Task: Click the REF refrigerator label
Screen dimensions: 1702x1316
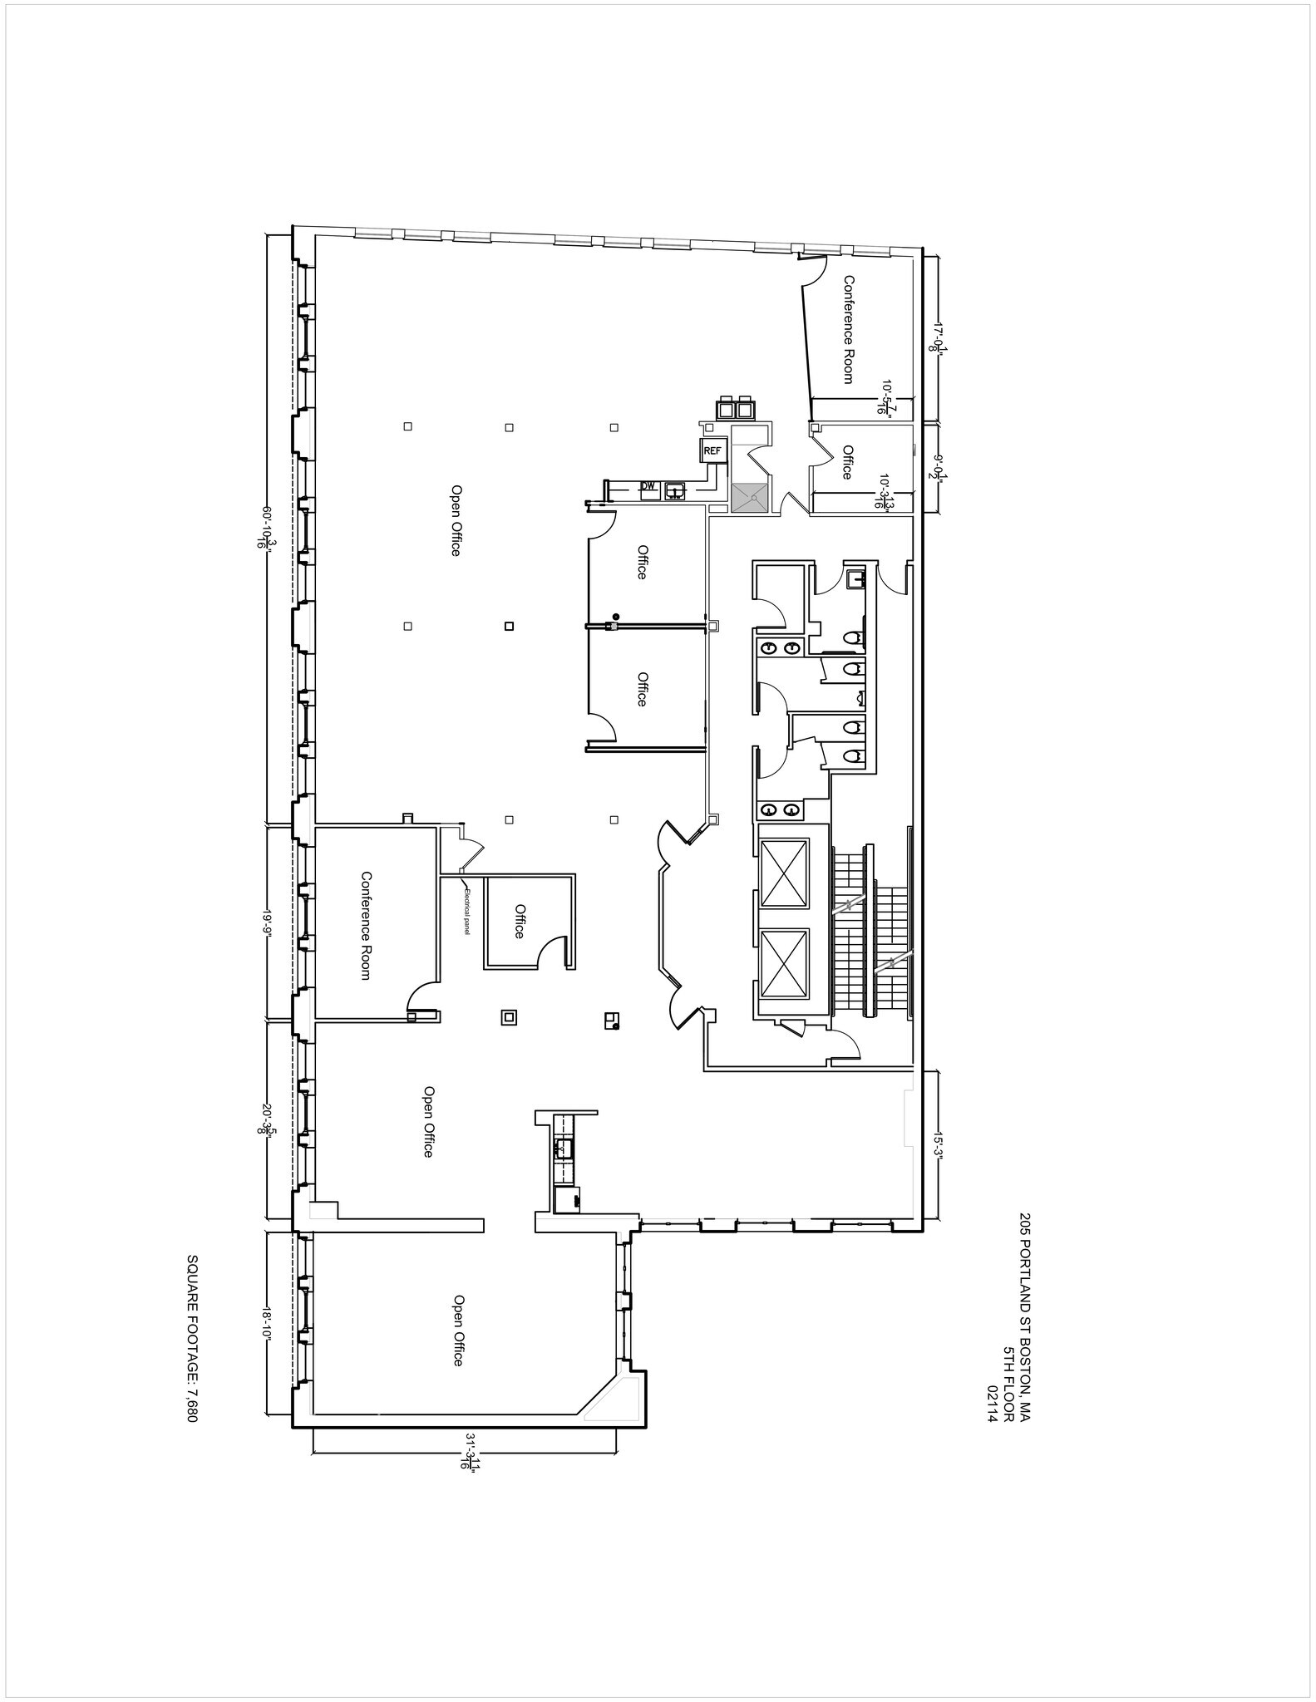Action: pyautogui.click(x=712, y=450)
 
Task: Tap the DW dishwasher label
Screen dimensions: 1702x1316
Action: pyautogui.click(x=648, y=486)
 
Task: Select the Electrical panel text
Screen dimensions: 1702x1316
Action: pyautogui.click(x=468, y=912)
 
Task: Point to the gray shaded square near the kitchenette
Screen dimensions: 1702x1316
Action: pyautogui.click(x=751, y=498)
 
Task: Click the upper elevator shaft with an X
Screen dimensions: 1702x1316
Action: pyautogui.click(x=784, y=873)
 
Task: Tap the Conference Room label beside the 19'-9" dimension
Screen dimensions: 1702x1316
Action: pyautogui.click(x=365, y=925)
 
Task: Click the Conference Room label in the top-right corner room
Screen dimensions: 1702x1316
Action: pyautogui.click(x=848, y=329)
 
